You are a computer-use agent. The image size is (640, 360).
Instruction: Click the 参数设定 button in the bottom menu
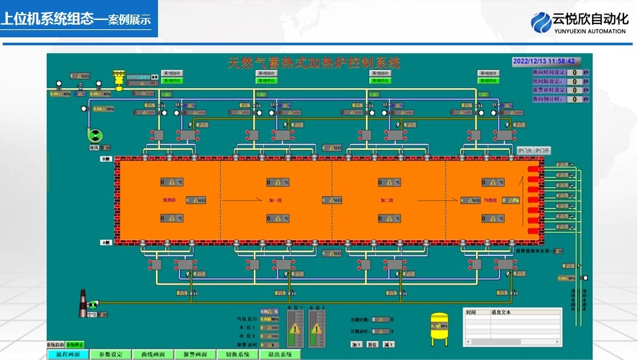tap(110, 355)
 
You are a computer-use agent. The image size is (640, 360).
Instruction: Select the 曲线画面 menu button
tap(153, 355)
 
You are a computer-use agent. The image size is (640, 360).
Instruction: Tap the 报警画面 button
tap(195, 355)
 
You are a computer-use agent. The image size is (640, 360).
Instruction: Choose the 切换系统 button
tap(237, 355)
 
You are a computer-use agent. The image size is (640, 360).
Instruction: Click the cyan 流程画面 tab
tap(68, 355)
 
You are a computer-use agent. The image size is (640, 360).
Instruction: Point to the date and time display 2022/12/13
tap(543, 61)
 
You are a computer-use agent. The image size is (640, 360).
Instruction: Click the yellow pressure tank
tap(439, 328)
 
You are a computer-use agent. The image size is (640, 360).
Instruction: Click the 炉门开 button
tap(543, 151)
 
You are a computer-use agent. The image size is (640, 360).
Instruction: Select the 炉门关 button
tap(525, 151)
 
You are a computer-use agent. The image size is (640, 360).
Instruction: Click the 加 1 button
tap(356, 345)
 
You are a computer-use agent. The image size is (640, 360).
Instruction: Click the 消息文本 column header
tap(500, 312)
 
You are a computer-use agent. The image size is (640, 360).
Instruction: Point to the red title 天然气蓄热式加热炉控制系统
tap(314, 63)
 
